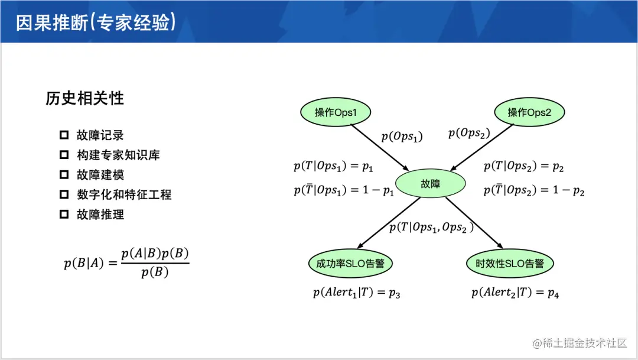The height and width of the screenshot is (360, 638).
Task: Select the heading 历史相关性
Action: tap(84, 98)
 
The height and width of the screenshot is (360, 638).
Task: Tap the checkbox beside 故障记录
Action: tap(64, 135)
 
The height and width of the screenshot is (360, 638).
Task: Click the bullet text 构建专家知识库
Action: tap(118, 155)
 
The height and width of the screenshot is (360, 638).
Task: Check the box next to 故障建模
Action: tap(64, 175)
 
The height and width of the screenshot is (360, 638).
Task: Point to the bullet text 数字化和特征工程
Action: tap(124, 194)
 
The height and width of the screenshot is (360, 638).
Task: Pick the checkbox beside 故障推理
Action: tap(64, 215)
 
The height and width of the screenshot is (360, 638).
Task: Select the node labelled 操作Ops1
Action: tap(335, 112)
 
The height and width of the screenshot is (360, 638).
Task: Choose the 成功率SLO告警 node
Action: tap(350, 264)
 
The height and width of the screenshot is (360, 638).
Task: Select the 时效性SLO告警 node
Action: tap(510, 264)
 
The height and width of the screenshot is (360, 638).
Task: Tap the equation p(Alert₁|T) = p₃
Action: tap(357, 292)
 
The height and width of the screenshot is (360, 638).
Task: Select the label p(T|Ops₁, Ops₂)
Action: tap(431, 228)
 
